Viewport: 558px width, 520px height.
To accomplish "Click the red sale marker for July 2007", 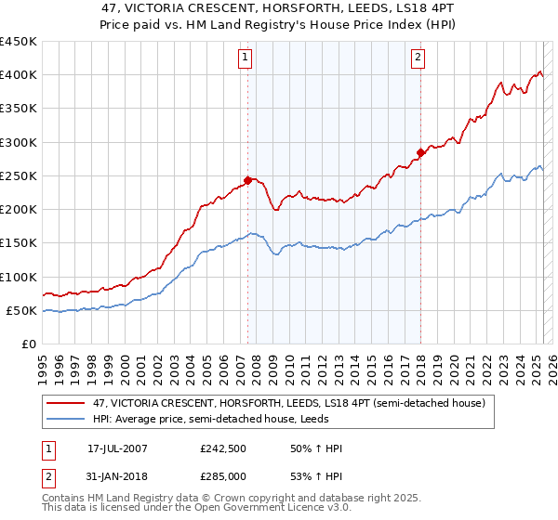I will tap(248, 180).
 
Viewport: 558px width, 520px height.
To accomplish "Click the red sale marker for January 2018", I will tap(420, 152).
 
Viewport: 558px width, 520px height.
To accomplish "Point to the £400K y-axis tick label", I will tap(19, 75).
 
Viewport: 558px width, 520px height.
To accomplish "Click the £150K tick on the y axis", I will tap(19, 243).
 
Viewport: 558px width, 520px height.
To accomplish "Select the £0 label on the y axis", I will tap(29, 344).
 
